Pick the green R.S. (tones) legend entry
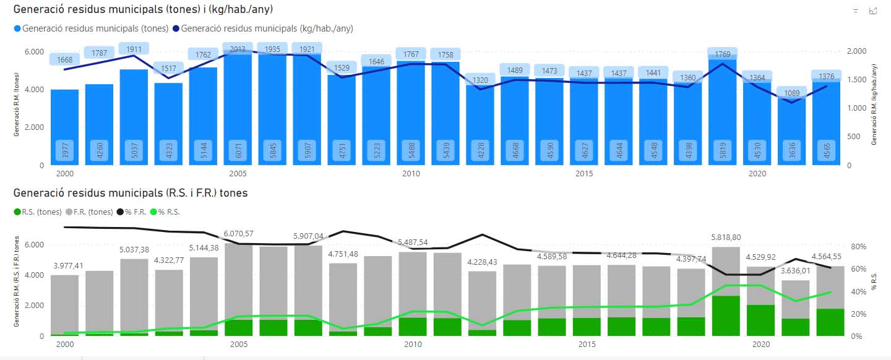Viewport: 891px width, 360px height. (38, 212)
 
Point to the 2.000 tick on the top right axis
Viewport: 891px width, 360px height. (856, 51)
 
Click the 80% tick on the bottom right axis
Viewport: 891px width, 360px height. (860, 246)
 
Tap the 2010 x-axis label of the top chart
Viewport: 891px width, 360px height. (411, 174)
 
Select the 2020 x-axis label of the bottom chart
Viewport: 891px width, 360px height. (760, 345)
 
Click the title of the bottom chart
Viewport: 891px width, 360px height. (130, 193)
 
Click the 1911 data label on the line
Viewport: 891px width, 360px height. (134, 49)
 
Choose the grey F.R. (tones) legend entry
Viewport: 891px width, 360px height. (89, 212)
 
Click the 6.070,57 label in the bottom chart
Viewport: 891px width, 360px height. (238, 234)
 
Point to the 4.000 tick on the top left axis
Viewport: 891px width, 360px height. (34, 90)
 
